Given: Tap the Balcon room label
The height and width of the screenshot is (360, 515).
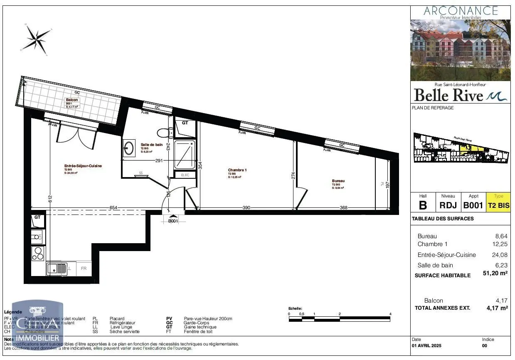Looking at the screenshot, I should tap(71, 100).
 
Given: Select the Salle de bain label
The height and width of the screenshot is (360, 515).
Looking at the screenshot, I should tap(151, 145).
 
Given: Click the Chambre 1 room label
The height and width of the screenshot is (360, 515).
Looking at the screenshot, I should tap(237, 170).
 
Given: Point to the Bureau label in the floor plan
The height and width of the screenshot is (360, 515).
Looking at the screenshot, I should tap(338, 181).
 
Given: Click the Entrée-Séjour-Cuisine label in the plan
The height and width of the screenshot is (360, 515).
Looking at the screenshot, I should tap(83, 166).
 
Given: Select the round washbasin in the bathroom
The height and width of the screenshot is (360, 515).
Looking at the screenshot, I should tap(129, 147).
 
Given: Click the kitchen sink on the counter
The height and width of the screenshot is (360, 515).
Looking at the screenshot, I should tap(54, 268).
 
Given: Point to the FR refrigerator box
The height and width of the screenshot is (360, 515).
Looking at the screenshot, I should tap(84, 269).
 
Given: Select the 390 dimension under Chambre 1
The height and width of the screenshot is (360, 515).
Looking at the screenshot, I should tap(246, 208).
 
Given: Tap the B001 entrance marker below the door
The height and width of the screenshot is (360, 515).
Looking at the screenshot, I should tap(173, 221).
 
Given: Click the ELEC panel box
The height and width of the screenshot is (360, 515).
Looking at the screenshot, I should tap(185, 175).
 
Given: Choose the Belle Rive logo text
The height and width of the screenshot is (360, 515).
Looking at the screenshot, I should tap(449, 95).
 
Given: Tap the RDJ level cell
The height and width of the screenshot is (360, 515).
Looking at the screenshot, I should tap(448, 205).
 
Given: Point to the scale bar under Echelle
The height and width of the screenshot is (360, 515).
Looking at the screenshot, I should tap(340, 319).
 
